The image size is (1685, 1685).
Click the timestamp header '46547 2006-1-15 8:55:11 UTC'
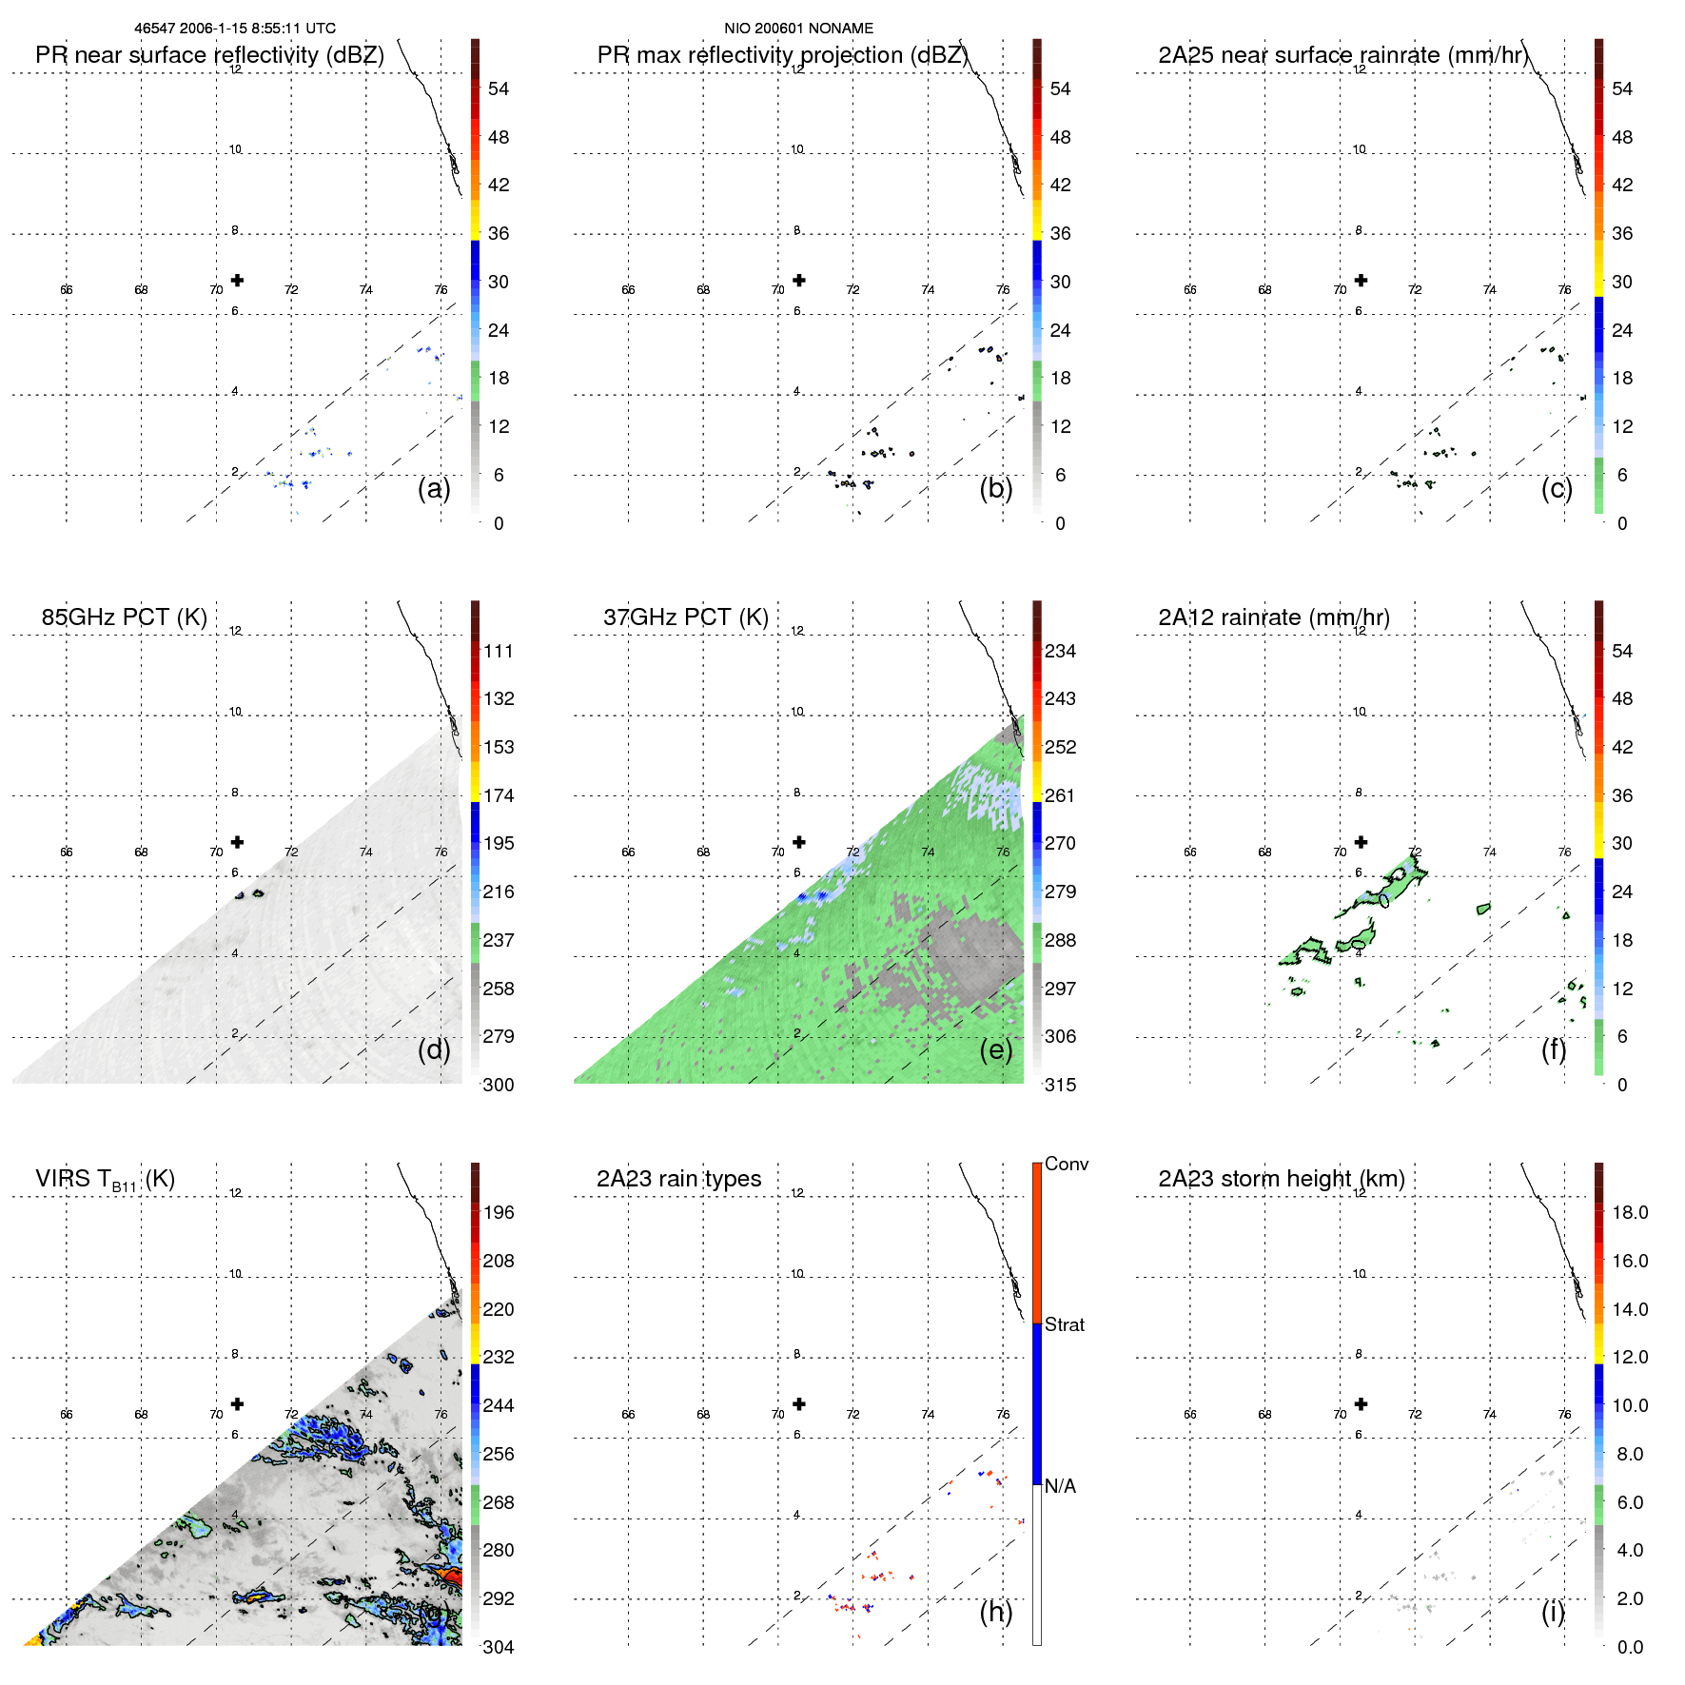(234, 29)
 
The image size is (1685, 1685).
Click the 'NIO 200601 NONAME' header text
(798, 29)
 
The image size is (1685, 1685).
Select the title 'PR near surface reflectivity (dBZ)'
(209, 55)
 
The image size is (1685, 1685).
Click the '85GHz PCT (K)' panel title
(124, 617)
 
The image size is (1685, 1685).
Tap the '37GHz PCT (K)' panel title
(685, 617)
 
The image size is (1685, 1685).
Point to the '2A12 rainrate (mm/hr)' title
(1273, 617)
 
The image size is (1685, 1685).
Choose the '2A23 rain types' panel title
(678, 1179)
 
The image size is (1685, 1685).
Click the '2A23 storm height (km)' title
(1281, 1179)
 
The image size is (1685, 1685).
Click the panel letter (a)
(434, 488)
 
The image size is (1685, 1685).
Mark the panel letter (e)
(995, 1049)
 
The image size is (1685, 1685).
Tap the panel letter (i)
(1553, 1612)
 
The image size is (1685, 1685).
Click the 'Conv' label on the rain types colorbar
(1066, 1164)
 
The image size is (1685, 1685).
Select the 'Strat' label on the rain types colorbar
(1064, 1324)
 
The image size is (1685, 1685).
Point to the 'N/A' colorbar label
(1060, 1486)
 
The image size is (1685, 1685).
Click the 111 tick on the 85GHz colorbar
(499, 651)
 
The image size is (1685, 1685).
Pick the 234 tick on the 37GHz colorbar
(1060, 651)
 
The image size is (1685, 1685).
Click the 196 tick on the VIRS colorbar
(499, 1212)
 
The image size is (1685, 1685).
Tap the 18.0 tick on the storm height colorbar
(1629, 1212)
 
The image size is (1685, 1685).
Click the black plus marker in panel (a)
(237, 280)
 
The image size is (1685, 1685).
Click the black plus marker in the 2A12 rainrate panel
(1361, 842)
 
